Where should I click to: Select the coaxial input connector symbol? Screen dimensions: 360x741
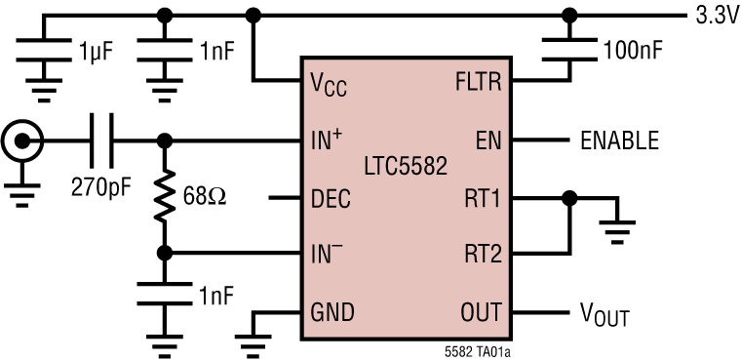(19, 140)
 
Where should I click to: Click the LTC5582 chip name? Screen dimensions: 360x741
(402, 168)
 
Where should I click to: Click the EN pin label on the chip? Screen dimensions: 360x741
(487, 140)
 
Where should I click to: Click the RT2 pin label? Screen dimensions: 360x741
(482, 255)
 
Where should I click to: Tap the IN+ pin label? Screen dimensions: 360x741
(327, 140)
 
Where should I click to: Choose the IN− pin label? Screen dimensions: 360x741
(327, 255)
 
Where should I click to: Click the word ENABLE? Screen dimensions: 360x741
(619, 140)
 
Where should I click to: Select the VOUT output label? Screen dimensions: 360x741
(604, 315)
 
